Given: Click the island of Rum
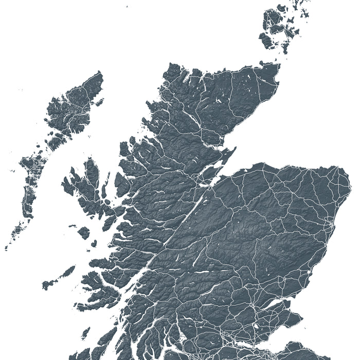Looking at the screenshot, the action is [84, 232].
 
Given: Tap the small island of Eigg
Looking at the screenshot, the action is [94, 243].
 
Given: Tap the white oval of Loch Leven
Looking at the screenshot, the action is [256, 326].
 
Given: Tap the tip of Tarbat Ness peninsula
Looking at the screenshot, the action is [235, 150].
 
